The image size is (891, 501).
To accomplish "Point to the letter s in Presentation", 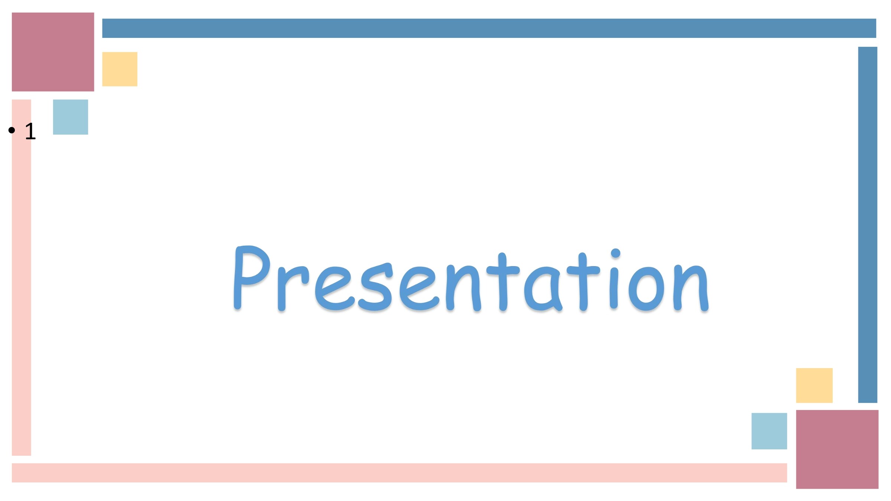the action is click(375, 287).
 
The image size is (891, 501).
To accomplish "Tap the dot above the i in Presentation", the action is click(616, 253).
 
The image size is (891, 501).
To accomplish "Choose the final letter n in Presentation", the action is click(691, 288).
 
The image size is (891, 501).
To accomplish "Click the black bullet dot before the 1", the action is click(12, 130).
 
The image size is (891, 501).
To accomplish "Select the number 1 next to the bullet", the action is click(30, 131).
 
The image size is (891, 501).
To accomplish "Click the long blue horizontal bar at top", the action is click(489, 28).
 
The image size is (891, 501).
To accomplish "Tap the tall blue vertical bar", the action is click(868, 225).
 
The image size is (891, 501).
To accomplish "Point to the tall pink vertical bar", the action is click(22, 278).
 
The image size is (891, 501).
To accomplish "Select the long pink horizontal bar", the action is click(399, 473).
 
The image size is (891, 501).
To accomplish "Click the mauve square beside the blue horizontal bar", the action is click(53, 52).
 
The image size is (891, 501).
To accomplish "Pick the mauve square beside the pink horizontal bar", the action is click(837, 449).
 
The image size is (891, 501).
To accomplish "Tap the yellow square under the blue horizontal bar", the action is click(120, 69).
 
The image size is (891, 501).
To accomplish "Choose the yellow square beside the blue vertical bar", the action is click(814, 386).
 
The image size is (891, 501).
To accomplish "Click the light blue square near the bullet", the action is click(71, 117).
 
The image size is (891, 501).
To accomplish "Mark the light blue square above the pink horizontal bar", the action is click(769, 431).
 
